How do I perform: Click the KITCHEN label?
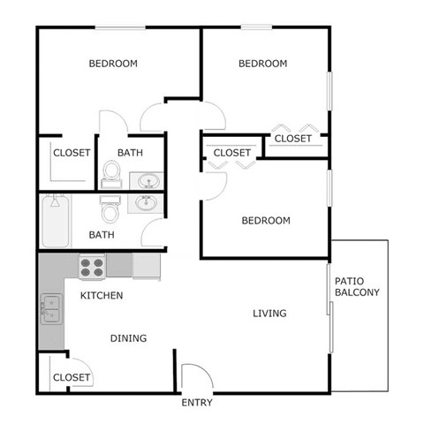click(102, 295)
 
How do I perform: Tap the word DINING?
click(128, 337)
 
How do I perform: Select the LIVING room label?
click(269, 314)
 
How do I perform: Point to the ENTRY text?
click(196, 403)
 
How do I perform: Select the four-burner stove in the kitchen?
click(93, 264)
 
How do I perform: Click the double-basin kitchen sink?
click(49, 310)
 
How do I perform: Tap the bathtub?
click(54, 222)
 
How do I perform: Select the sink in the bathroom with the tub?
click(147, 203)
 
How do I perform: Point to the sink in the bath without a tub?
click(148, 182)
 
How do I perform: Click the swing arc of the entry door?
click(196, 375)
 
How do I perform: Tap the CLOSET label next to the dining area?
click(72, 377)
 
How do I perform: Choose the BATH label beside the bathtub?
click(102, 235)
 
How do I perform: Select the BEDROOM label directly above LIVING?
click(265, 221)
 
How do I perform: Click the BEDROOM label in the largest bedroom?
click(113, 64)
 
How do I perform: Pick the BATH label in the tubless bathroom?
click(131, 153)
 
